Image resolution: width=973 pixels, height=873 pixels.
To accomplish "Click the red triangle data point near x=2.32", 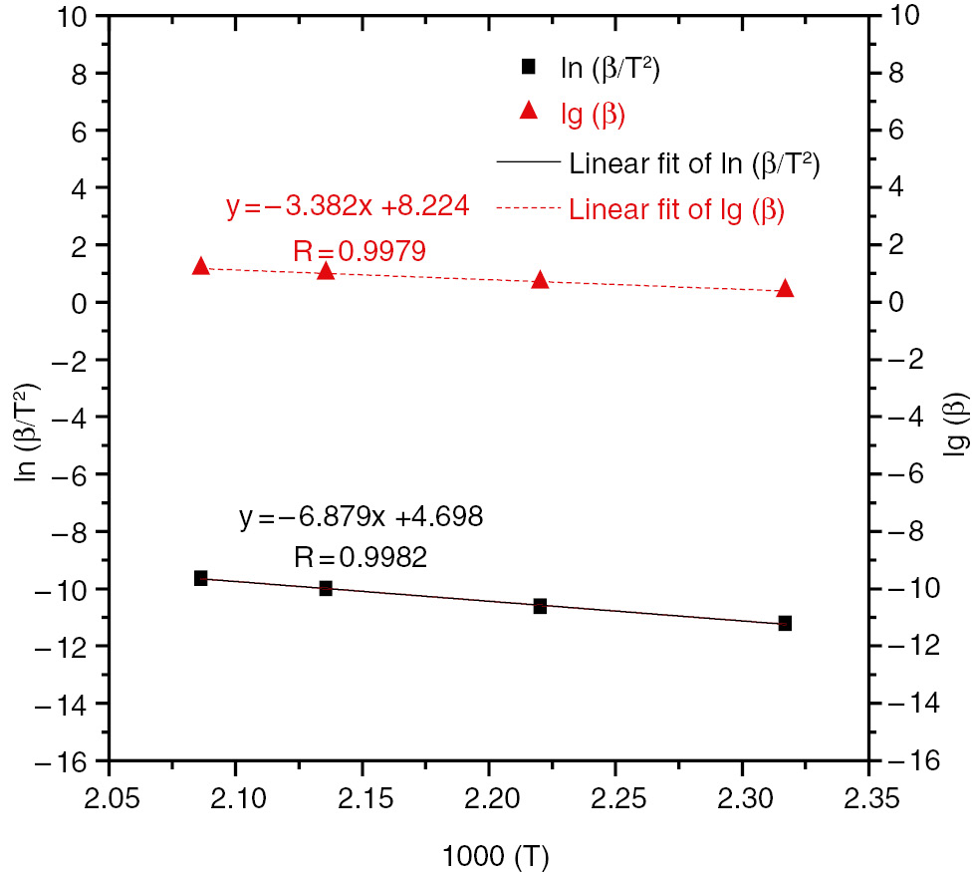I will point(785,288).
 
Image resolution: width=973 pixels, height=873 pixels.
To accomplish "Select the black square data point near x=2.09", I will point(200,578).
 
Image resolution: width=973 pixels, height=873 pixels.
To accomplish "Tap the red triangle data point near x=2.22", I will point(540,280).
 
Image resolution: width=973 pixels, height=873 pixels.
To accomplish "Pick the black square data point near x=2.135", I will point(326,589).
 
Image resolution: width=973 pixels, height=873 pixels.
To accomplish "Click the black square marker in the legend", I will point(529,67).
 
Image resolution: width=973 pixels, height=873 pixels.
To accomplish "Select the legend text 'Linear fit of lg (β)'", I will point(676,210).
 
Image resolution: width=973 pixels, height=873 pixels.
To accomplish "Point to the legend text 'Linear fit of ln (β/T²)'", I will point(694,162).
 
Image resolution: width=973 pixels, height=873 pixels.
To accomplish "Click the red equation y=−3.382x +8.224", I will point(348,207).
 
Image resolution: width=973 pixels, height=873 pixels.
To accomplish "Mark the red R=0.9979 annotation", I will point(361,251).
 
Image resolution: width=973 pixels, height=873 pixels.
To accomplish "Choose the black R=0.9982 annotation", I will point(361,557).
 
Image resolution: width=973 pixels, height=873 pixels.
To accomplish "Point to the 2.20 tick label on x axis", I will point(488,800).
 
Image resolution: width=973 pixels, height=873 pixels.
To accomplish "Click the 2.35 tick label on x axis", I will point(868,800).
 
